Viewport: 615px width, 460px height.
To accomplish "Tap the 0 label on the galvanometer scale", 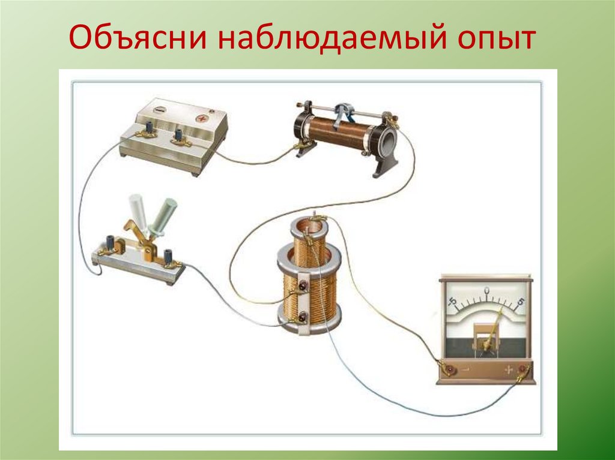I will pos(486,291).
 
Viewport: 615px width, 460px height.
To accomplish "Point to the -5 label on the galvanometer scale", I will pos(452,300).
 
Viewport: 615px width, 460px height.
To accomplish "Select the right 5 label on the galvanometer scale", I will pos(520,301).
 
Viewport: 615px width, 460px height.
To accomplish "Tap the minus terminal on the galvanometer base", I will pos(446,369).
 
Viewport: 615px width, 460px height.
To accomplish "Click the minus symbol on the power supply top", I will pos(159,110).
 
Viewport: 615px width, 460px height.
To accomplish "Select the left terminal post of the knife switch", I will pos(111,243).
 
